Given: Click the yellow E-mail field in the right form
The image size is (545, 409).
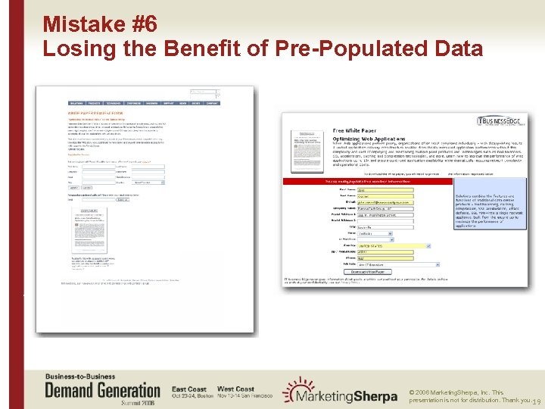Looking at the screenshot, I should click(x=385, y=201).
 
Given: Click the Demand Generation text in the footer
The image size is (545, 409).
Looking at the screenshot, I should click(x=102, y=390).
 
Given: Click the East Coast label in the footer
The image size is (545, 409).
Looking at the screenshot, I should click(x=188, y=389).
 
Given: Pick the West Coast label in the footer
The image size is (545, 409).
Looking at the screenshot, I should click(x=235, y=389).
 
